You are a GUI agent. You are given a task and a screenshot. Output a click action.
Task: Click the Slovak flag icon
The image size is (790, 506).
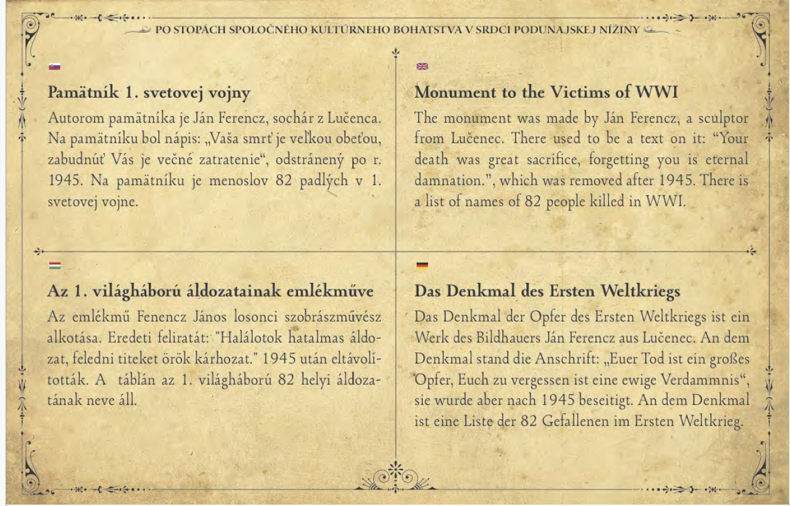(54, 67)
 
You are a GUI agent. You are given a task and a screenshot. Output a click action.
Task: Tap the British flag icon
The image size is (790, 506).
(422, 67)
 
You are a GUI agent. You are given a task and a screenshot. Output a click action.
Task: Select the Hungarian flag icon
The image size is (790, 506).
(54, 265)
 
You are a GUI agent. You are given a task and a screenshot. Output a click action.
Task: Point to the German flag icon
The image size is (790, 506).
(422, 265)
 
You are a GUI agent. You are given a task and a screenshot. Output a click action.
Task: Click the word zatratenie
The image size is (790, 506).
(217, 160)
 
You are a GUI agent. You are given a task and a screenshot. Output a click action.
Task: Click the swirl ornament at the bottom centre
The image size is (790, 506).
(395, 477)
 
